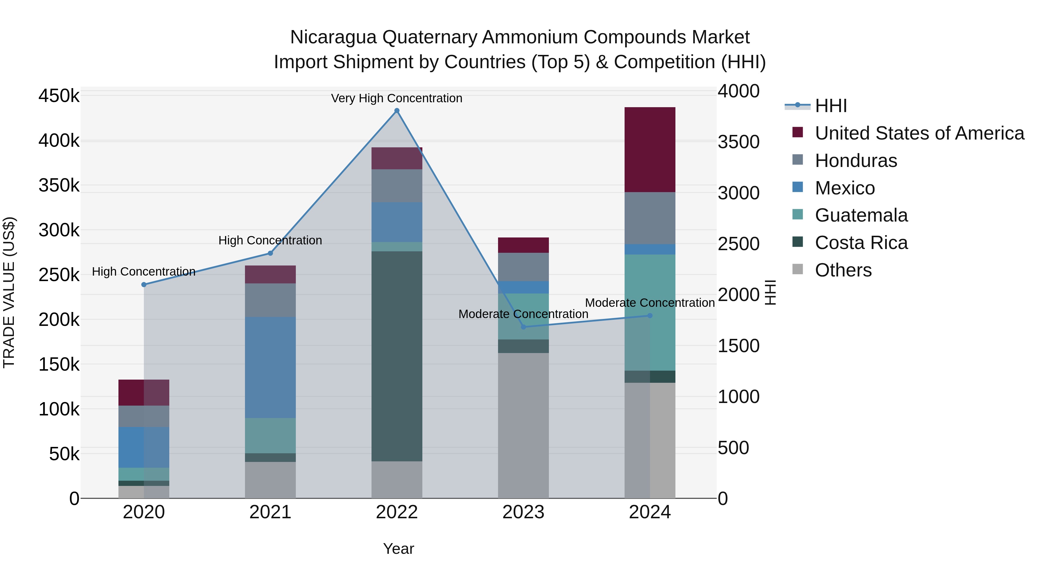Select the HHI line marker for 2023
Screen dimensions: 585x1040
click(524, 327)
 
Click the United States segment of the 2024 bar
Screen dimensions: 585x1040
click(650, 149)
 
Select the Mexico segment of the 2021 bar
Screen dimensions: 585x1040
click(270, 367)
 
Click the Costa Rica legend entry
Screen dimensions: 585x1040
click(861, 243)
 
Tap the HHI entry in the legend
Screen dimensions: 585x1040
click(831, 106)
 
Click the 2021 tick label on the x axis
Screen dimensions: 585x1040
click(270, 512)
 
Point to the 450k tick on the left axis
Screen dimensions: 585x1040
click(59, 96)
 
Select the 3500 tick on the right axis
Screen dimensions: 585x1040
click(738, 142)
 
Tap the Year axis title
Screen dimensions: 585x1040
click(398, 549)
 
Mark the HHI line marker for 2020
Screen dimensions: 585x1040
click(144, 285)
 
